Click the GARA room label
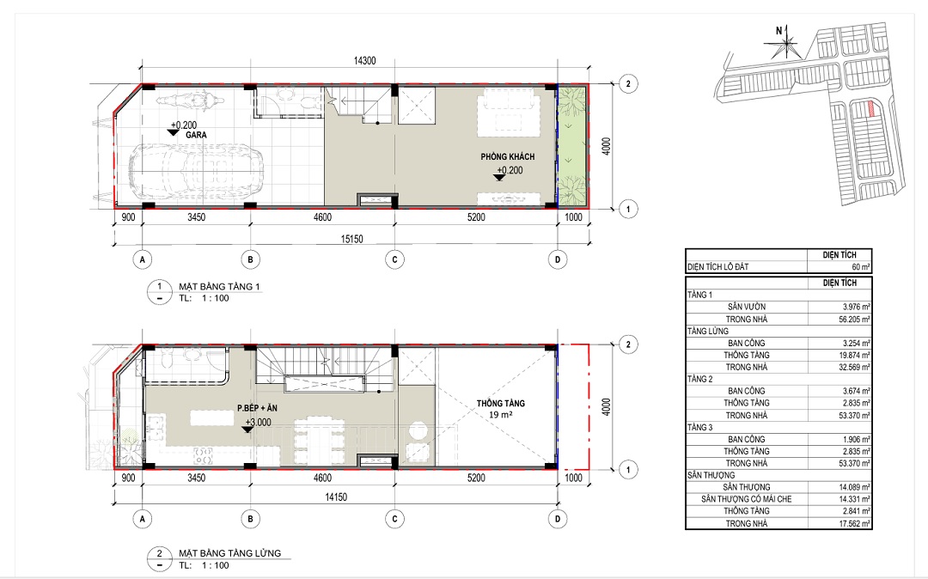point(196,135)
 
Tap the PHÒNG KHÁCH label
point(507,156)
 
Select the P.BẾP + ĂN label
point(257,408)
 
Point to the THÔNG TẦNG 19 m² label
point(501,409)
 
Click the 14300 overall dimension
point(364,61)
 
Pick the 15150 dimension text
point(351,240)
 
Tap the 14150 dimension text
point(336,497)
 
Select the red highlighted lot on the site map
point(870,109)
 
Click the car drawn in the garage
point(196,172)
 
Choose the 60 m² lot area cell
point(861,266)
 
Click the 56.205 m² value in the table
point(856,320)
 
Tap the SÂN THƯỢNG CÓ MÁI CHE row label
point(747,499)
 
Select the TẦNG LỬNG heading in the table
point(708,332)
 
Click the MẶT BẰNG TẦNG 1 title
point(220,287)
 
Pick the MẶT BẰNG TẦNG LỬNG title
point(230,553)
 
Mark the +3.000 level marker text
point(259,423)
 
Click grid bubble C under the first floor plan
point(394,259)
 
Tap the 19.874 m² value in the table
point(856,356)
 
